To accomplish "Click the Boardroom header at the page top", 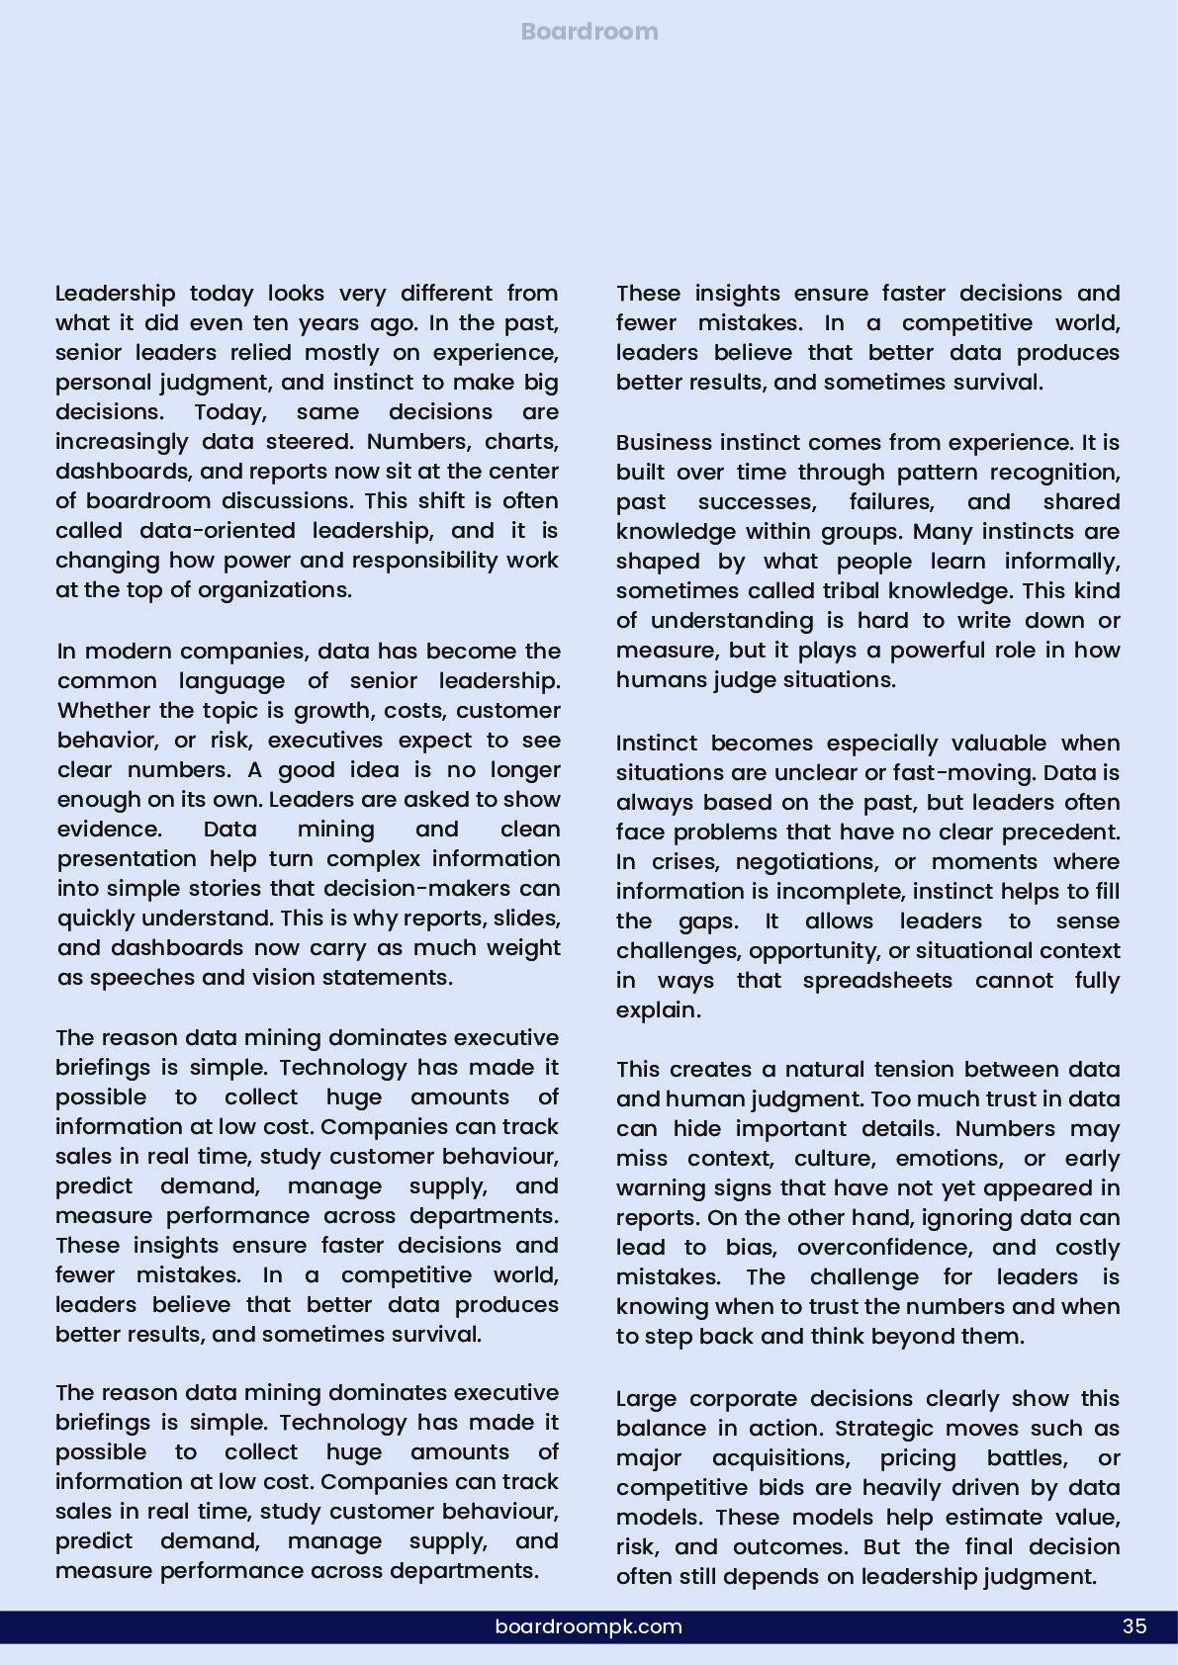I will (x=589, y=32).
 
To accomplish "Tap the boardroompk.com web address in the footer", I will (x=589, y=1626).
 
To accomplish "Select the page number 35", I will (x=1134, y=1626).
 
